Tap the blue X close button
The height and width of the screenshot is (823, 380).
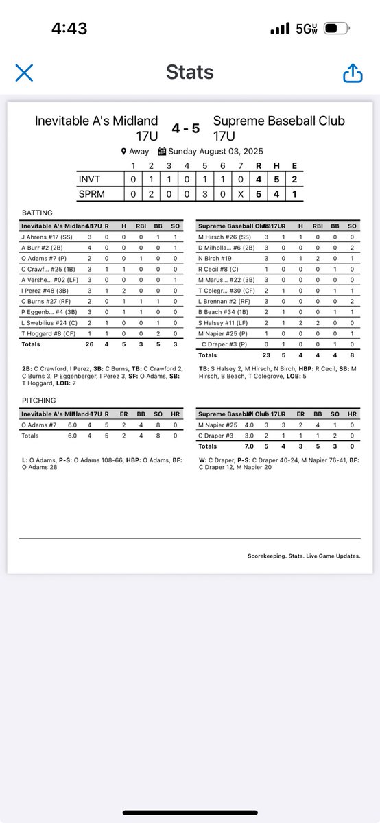[24, 72]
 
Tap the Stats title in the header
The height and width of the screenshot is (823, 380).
[189, 72]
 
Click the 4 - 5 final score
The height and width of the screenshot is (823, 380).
[185, 128]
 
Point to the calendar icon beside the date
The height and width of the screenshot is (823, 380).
[162, 152]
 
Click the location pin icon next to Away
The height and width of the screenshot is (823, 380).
[123, 152]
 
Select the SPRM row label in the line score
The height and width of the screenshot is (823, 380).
[92, 195]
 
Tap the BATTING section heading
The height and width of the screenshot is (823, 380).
[37, 213]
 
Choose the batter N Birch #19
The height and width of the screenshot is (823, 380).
[215, 258]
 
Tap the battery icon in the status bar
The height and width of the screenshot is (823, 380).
[335, 29]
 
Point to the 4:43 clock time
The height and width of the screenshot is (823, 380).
[69, 29]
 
